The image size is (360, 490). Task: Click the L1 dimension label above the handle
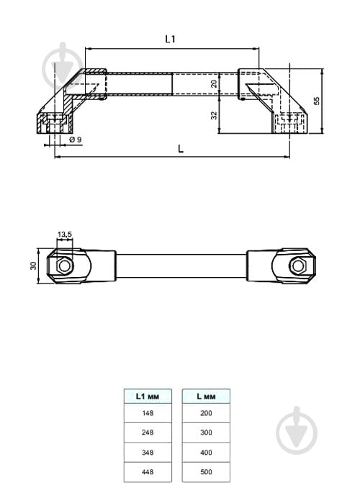[170, 39]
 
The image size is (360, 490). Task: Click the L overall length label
[181, 149]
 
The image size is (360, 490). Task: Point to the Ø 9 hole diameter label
[76, 140]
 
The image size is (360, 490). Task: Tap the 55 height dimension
[317, 101]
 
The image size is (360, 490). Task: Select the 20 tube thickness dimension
[214, 83]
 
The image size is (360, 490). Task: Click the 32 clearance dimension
[214, 115]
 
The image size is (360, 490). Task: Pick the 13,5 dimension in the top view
[65, 234]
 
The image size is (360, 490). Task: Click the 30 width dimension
[33, 266]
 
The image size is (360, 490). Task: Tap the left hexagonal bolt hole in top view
[65, 266]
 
